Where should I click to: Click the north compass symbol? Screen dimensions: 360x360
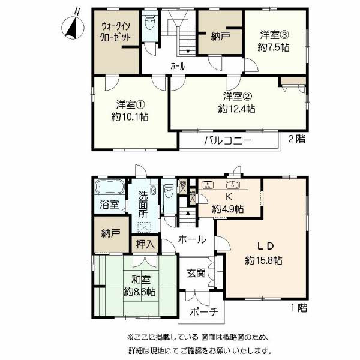pyautogui.click(x=73, y=27)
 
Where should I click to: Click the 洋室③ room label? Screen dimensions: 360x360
pyautogui.click(x=274, y=35)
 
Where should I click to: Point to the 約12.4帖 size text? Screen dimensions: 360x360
pyautogui.click(x=236, y=109)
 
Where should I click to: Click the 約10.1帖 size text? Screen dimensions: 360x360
pyautogui.click(x=130, y=117)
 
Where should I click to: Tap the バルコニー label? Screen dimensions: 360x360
pyautogui.click(x=228, y=140)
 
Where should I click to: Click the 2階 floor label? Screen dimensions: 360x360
pyautogui.click(x=297, y=139)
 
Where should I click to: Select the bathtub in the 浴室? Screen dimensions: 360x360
pyautogui.click(x=110, y=187)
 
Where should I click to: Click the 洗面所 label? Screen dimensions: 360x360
pyautogui.click(x=143, y=205)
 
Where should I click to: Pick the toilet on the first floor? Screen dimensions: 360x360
pyautogui.click(x=169, y=191)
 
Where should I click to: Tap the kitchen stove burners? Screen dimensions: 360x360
pyautogui.click(x=208, y=185)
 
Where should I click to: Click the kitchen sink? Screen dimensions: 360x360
pyautogui.click(x=233, y=185)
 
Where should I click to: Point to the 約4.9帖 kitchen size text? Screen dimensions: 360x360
pyautogui.click(x=228, y=209)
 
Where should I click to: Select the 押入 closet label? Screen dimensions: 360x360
pyautogui.click(x=145, y=244)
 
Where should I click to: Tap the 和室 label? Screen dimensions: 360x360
pyautogui.click(x=141, y=280)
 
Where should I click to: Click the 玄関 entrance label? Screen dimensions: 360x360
pyautogui.click(x=196, y=273)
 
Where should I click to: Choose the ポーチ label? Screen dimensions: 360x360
pyautogui.click(x=203, y=312)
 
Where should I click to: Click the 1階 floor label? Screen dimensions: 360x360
pyautogui.click(x=299, y=308)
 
